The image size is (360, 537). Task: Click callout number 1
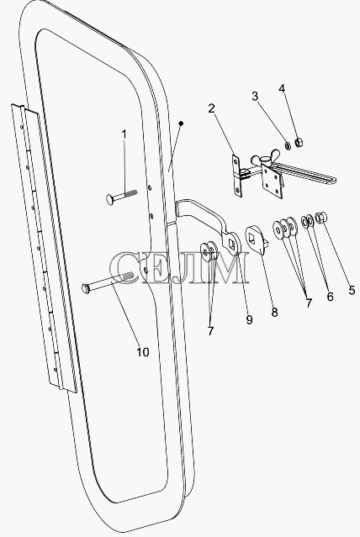tap(124, 134)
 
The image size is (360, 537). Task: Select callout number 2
tap(212, 108)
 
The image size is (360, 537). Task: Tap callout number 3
tap(255, 97)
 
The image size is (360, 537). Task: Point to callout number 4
tap(282, 89)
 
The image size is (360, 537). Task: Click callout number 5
tap(352, 291)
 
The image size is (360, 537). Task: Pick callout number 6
tap(330, 297)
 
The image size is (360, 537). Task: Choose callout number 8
tap(274, 312)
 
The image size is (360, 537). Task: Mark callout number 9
tap(249, 320)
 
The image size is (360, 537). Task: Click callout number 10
tap(143, 352)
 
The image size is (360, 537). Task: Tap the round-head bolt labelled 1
tap(122, 197)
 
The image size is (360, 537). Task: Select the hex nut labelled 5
tap(321, 218)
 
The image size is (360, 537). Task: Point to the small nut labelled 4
tap(299, 142)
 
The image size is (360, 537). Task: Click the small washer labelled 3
tap(288, 145)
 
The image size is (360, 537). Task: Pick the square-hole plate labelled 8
tap(257, 240)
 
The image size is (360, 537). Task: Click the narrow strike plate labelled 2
tap(237, 176)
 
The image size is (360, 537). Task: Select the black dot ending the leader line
tap(181, 123)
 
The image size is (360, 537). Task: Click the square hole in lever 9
tap(232, 243)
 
